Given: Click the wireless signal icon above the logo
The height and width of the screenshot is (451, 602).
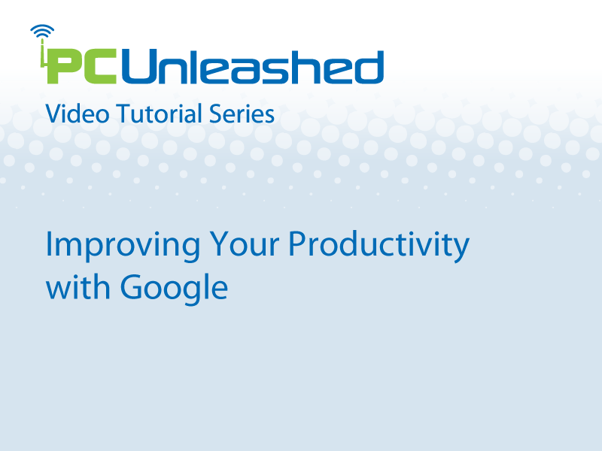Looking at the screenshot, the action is point(42,32).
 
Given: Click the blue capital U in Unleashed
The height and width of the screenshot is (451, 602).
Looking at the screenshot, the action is point(140,66).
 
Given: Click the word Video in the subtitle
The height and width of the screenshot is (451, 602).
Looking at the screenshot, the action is point(78,114).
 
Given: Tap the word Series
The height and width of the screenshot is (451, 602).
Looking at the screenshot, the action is point(242,114).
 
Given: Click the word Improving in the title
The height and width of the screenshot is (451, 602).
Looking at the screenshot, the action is point(123,246).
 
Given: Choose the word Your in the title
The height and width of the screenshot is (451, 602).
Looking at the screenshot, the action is point(244,244).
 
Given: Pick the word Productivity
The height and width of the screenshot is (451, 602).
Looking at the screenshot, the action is point(379,246).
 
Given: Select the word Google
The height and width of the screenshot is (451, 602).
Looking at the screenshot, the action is point(174,289).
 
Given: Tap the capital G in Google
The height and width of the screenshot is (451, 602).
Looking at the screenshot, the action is point(132,286).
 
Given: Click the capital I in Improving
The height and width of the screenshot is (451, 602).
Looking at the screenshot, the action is point(48,244).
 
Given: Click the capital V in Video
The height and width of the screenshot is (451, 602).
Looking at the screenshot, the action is point(54,114).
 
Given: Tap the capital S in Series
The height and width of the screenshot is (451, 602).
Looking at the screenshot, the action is point(216,114).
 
